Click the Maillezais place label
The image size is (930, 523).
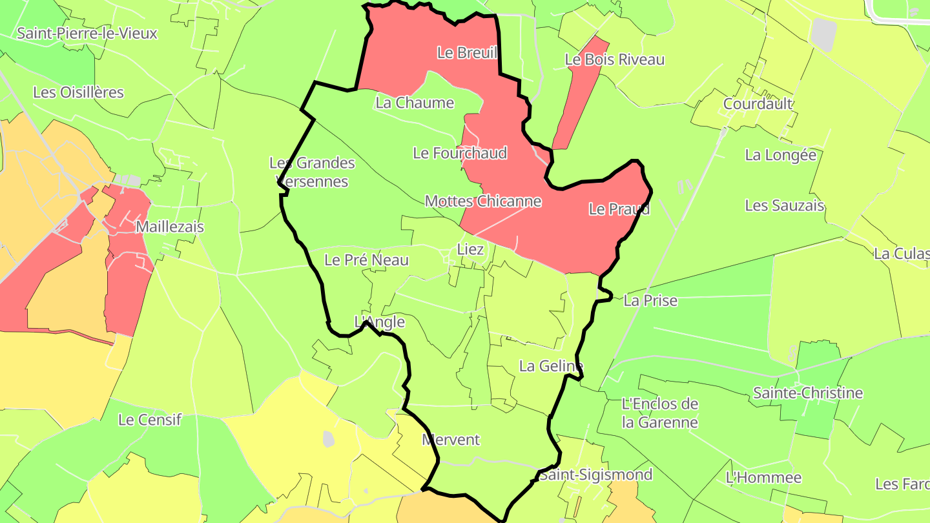point(170,227)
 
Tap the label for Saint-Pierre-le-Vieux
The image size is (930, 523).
point(87,33)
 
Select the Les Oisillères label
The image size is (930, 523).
point(78,92)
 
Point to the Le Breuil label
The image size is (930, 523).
point(467,52)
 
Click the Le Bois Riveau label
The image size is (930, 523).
point(614,59)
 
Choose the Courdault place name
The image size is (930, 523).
point(758,103)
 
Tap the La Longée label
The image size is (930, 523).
point(780,155)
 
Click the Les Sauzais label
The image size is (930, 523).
point(784,205)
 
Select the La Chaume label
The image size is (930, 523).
point(415,103)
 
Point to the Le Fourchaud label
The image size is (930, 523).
point(460,153)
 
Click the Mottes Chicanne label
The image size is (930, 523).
point(482,201)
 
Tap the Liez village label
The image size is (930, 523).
point(470,249)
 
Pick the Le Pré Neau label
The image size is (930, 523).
point(366,260)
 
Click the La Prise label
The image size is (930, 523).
point(650,300)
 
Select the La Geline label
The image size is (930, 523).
point(551,366)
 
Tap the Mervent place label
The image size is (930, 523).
point(451,440)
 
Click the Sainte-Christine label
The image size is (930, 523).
point(808,393)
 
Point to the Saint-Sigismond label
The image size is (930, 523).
point(595,475)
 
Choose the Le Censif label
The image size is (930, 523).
point(150,420)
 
